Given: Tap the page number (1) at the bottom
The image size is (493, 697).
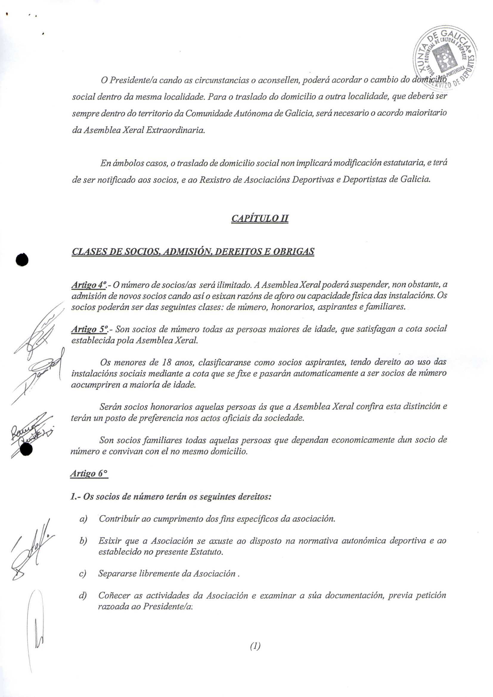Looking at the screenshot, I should pyautogui.click(x=255, y=655).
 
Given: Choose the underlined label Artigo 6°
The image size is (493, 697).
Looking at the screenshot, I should pyautogui.click(x=89, y=473).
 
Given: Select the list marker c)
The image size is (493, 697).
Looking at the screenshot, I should pyautogui.click(x=83, y=574).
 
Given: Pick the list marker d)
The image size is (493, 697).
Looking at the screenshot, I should pyautogui.click(x=83, y=596).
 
